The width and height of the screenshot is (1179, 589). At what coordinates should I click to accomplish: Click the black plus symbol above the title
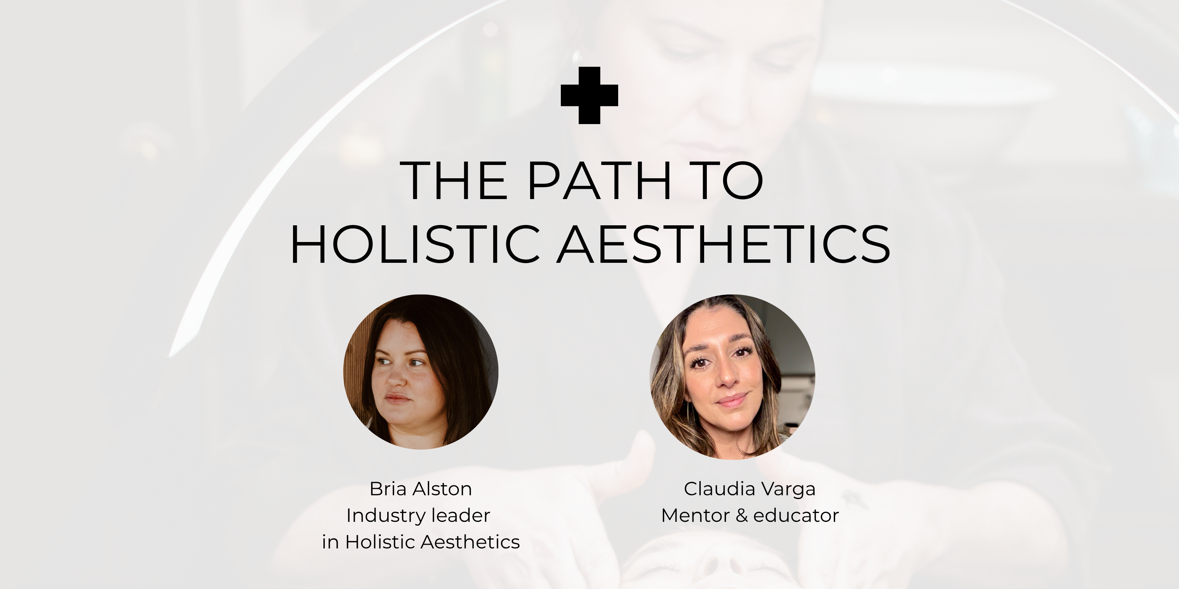[x=589, y=95]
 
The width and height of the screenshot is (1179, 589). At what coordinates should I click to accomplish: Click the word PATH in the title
[x=600, y=181]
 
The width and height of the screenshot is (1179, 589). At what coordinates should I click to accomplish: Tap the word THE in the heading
[x=454, y=181]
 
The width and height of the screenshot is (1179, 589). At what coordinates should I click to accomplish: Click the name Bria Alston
[x=421, y=489]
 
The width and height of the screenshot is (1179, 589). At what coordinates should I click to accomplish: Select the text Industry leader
[x=418, y=515]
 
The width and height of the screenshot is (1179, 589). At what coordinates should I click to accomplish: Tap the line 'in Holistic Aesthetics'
[x=421, y=542]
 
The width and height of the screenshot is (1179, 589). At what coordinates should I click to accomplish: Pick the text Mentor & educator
[x=750, y=515]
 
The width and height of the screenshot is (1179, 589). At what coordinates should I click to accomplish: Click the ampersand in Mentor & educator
[x=741, y=515]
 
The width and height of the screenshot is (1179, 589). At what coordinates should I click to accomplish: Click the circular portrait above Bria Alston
[x=421, y=372]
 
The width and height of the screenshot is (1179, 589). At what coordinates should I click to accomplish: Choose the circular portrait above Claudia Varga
[x=732, y=377]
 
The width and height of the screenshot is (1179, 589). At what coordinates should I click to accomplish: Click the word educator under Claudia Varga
[x=796, y=515]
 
